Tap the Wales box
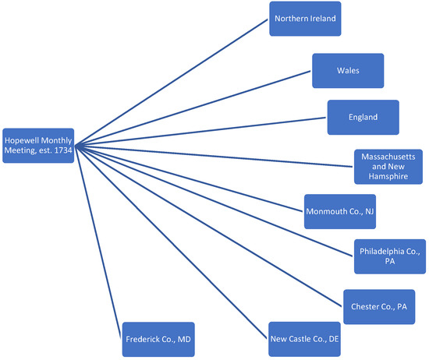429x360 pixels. [x=347, y=70]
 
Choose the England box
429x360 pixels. [x=363, y=117]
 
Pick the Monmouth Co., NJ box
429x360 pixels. [x=339, y=210]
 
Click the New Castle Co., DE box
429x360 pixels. [x=304, y=339]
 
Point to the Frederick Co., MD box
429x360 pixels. [x=158, y=340]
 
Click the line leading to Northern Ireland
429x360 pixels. [x=172, y=83]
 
